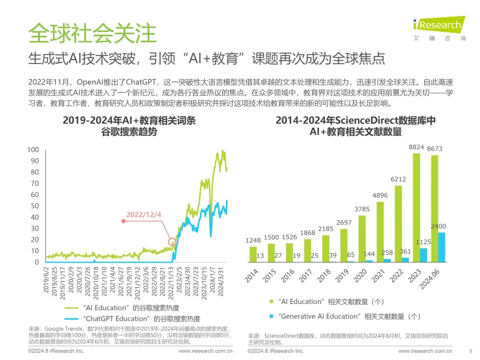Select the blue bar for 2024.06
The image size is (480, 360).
pyautogui.click(x=441, y=247)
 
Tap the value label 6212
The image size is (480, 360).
pyautogui.click(x=398, y=179)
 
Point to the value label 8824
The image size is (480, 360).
pyautogui.click(x=416, y=147)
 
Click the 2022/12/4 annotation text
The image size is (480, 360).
pyautogui.click(x=144, y=215)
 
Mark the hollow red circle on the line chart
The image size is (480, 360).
pyautogui.click(x=172, y=242)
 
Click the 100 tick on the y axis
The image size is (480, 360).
pyautogui.click(x=33, y=150)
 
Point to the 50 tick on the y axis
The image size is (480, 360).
pyautogui.click(x=35, y=206)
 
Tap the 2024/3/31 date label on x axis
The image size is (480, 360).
pyautogui.click(x=221, y=281)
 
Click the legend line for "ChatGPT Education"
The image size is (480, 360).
pyautogui.click(x=71, y=319)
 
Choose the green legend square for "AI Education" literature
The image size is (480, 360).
pyautogui.click(x=271, y=302)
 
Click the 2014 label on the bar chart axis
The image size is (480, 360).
pyautogui.click(x=251, y=276)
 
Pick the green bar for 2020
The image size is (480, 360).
pyautogui.click(x=362, y=239)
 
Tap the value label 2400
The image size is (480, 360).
pyautogui.click(x=438, y=226)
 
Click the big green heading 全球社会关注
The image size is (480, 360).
pyautogui.click(x=92, y=33)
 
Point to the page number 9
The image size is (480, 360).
pyautogui.click(x=471, y=351)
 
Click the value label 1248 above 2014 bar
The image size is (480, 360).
pyautogui.click(x=253, y=240)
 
